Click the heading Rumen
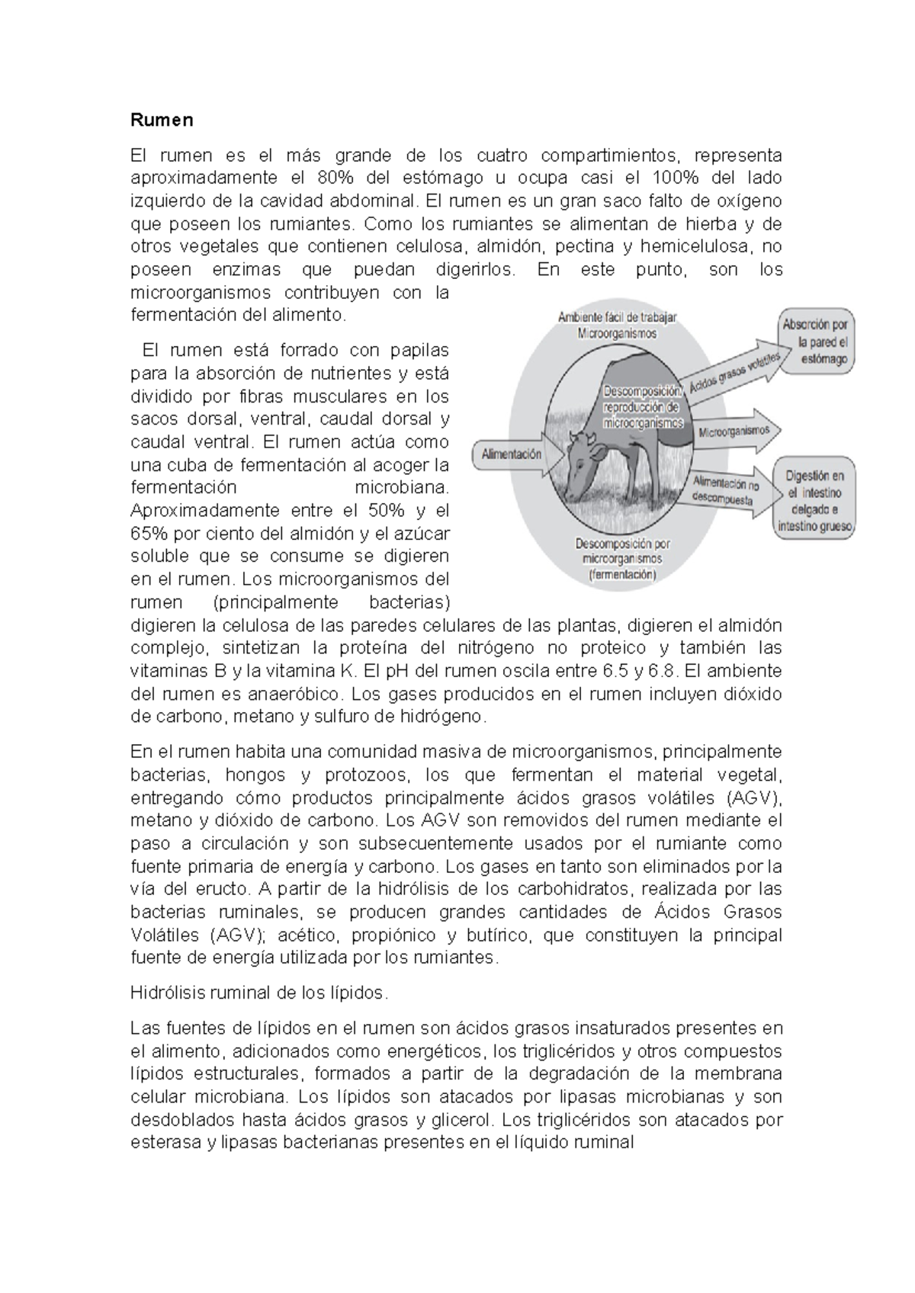click(x=162, y=120)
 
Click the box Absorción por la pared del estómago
click(x=815, y=342)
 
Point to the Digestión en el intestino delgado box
click(x=814, y=500)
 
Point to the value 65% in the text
click(x=145, y=534)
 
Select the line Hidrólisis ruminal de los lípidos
click(x=259, y=993)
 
